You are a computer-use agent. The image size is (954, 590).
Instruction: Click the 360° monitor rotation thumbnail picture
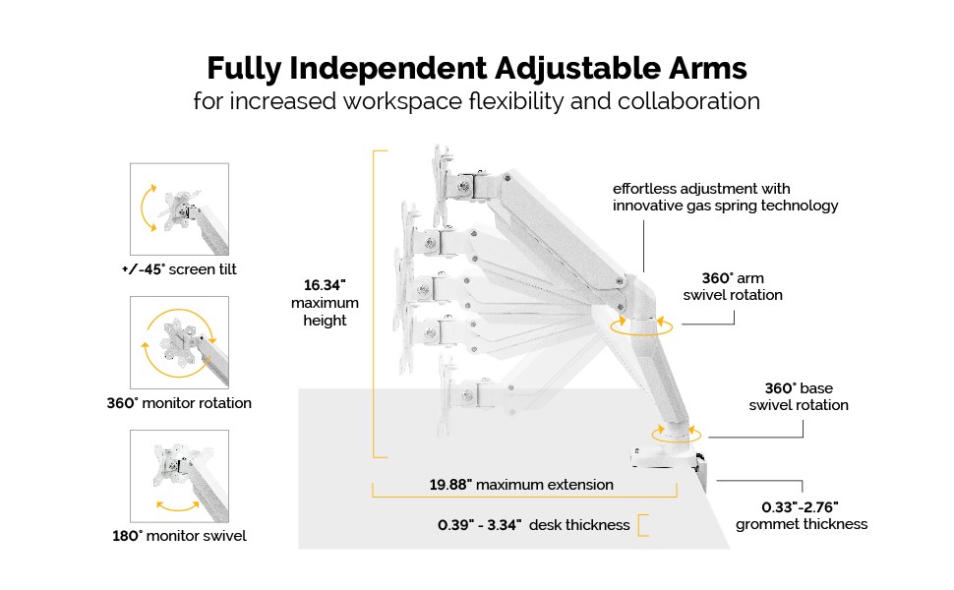179,339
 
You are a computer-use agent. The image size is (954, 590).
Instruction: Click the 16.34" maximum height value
326,284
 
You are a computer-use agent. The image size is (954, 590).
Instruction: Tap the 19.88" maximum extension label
521,484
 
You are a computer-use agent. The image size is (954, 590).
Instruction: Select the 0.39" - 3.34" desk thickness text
533,525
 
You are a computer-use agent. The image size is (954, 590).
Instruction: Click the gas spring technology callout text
725,197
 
